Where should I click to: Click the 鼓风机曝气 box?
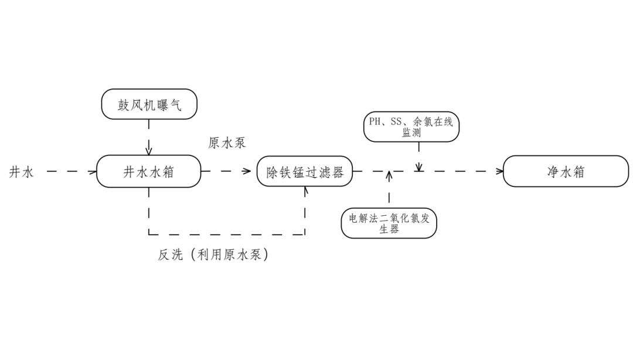149,104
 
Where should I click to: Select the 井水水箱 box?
148,171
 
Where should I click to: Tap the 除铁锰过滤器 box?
305,172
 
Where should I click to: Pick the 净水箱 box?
566,171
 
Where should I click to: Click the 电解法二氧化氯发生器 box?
389,223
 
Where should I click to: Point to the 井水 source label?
22,172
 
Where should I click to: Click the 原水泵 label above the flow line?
227,143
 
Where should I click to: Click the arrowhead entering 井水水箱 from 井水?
93,172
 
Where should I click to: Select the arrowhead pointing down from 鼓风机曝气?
149,151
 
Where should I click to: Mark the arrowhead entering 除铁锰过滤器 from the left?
249,172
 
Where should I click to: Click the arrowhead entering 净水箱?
500,171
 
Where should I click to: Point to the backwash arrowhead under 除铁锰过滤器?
305,190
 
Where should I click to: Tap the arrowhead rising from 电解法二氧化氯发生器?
389,175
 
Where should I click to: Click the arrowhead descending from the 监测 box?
418,168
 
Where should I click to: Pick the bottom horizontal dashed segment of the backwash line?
226,235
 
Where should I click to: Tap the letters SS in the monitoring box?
397,122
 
